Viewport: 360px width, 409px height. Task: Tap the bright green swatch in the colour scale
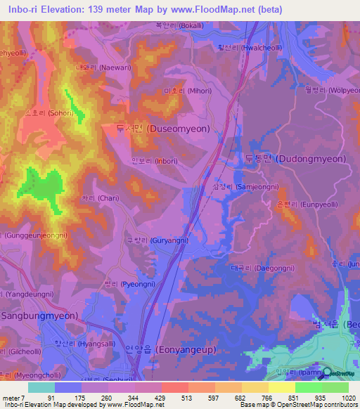(309, 387)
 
